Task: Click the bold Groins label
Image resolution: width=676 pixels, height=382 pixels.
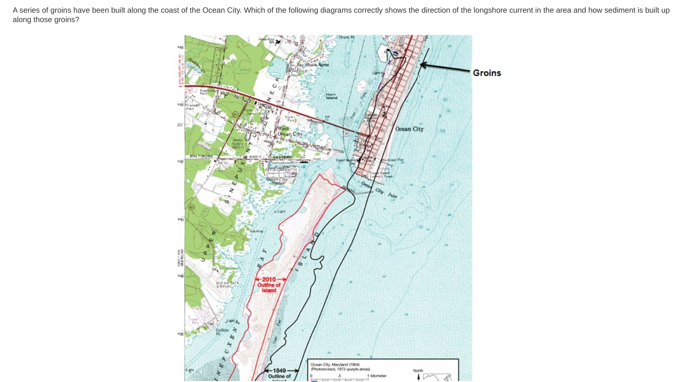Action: click(487, 73)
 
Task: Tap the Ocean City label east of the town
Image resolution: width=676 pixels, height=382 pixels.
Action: click(409, 129)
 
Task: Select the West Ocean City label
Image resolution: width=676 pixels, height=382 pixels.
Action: click(290, 131)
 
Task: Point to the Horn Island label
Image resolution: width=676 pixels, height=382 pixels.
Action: click(331, 95)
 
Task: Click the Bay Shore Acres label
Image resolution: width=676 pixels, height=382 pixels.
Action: click(313, 65)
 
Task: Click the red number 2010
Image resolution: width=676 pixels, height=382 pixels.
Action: click(269, 280)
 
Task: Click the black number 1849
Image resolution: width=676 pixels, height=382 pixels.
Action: click(280, 371)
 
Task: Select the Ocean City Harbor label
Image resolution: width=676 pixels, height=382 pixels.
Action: click(277, 181)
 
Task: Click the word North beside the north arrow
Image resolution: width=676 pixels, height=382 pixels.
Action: click(418, 371)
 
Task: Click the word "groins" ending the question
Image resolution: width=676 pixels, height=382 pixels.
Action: click(65, 20)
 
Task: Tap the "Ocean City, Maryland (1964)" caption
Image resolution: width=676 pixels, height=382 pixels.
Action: click(335, 365)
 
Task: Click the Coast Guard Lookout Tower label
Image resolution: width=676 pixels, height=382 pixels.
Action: click(381, 174)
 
